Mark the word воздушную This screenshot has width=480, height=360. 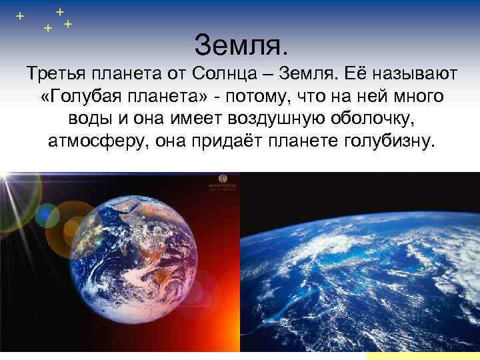(283, 120)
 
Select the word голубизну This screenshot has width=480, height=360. (384, 143)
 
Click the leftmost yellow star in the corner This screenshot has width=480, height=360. (19, 15)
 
